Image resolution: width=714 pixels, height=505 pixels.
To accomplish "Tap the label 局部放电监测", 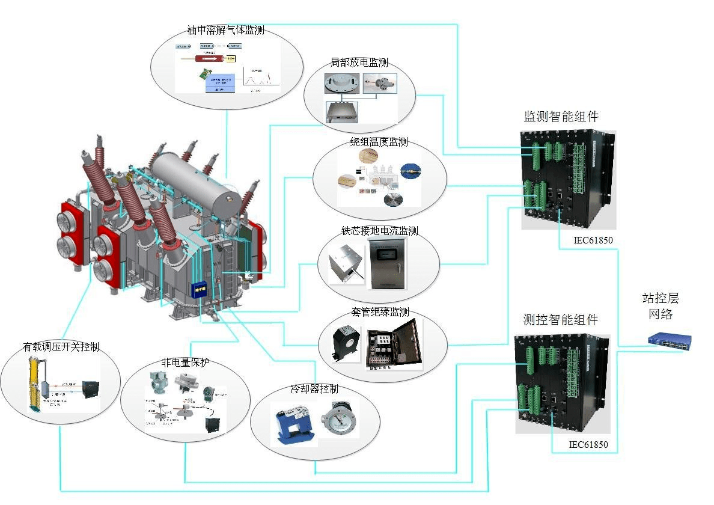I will click(359, 63).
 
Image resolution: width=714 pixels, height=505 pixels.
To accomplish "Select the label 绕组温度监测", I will click(379, 142).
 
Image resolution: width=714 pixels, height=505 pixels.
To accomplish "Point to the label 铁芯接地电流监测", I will click(379, 231).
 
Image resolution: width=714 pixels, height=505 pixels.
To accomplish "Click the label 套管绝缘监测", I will click(380, 312).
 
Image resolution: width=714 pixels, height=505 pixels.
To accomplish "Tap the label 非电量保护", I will click(185, 363).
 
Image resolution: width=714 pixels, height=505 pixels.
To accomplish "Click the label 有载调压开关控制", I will click(61, 347).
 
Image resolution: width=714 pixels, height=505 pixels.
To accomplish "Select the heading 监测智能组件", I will click(561, 117).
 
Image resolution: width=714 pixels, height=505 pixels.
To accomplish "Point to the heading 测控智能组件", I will click(561, 320).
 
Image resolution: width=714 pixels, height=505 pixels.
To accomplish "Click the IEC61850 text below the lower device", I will click(588, 445).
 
